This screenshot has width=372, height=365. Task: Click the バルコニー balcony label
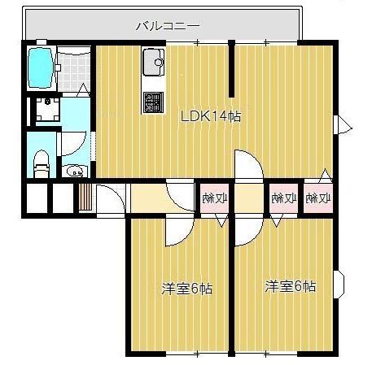coord(167,25)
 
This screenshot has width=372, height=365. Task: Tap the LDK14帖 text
coord(210,115)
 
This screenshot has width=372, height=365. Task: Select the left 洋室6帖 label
coord(186,288)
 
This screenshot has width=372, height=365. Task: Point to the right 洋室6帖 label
coord(290,286)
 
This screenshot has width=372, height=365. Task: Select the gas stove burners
coord(152,102)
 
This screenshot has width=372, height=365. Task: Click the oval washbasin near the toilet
coord(75,172)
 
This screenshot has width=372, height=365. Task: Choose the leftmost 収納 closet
coord(216,198)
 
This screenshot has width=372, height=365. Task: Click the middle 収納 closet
coord(282,198)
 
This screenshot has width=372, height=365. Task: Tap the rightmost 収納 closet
coord(318,198)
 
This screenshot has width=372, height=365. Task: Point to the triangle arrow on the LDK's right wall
coord(344,124)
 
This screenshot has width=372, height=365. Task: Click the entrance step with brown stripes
coord(85,198)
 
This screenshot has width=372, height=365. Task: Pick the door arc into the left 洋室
coord(176,233)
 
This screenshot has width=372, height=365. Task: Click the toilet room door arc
coord(72,146)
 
